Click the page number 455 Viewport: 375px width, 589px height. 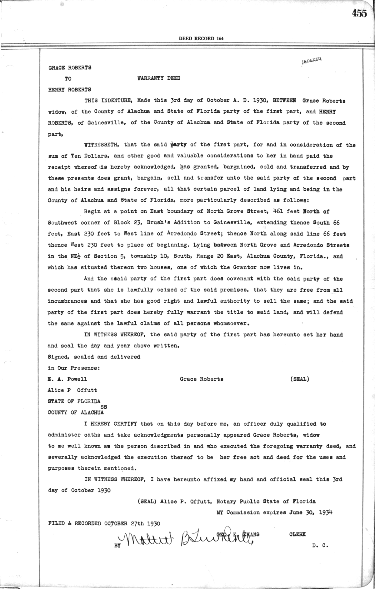tap(359, 13)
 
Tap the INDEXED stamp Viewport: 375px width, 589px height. tap(312, 60)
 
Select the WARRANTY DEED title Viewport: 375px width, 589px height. tap(159, 78)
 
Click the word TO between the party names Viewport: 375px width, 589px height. tap(68, 79)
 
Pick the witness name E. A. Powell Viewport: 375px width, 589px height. tap(67, 379)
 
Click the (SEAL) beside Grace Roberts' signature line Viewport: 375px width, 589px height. tap(300, 379)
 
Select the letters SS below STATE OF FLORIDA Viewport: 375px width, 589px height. tap(103, 407)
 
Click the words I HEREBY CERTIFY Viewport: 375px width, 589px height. tap(110, 424)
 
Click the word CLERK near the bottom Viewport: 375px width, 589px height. tap(297, 534)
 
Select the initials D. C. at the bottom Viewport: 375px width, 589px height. tap(320, 546)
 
